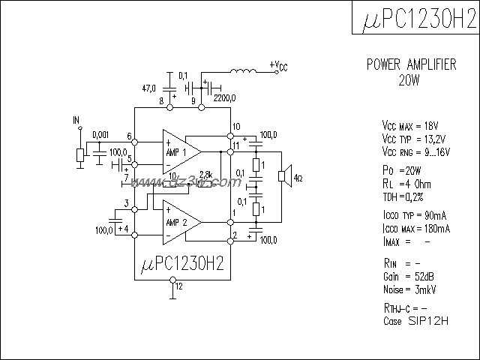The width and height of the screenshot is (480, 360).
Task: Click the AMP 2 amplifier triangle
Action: (179, 223)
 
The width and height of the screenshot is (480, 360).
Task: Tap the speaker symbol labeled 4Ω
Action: (283, 176)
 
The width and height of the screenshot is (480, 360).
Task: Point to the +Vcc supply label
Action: (277, 67)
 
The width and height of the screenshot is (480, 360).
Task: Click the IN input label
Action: (76, 120)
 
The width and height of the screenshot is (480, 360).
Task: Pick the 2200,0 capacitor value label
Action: (224, 97)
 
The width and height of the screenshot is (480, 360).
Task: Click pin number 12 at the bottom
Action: (178, 286)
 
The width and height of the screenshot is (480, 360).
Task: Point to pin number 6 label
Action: (130, 136)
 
